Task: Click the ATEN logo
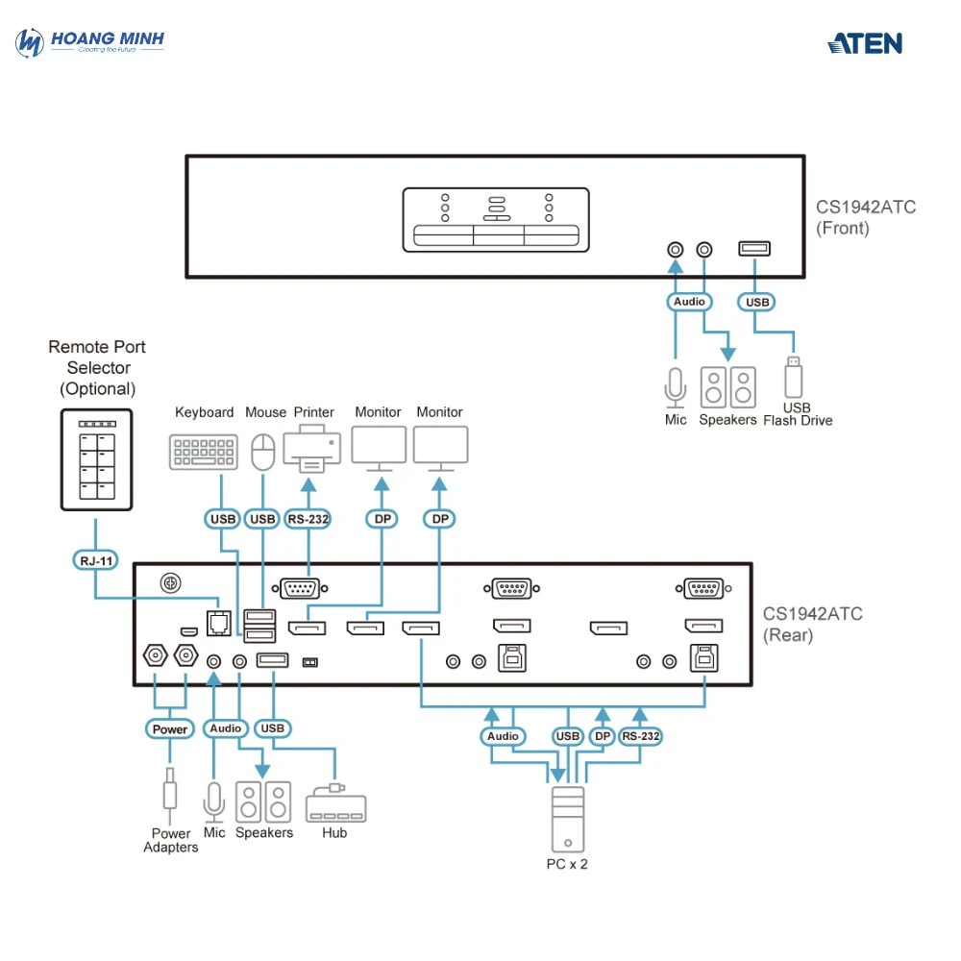click(865, 43)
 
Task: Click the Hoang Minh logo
click(91, 43)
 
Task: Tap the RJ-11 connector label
click(93, 559)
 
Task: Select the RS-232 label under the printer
click(308, 520)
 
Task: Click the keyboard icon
click(203, 452)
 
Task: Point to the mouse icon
click(262, 451)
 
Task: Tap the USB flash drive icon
click(793, 377)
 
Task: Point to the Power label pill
click(170, 729)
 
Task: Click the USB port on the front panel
click(754, 249)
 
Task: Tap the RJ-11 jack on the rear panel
click(218, 623)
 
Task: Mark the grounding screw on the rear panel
click(170, 583)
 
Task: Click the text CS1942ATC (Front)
click(852, 217)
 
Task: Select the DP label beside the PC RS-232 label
click(602, 737)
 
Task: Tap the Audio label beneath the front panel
click(689, 302)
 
